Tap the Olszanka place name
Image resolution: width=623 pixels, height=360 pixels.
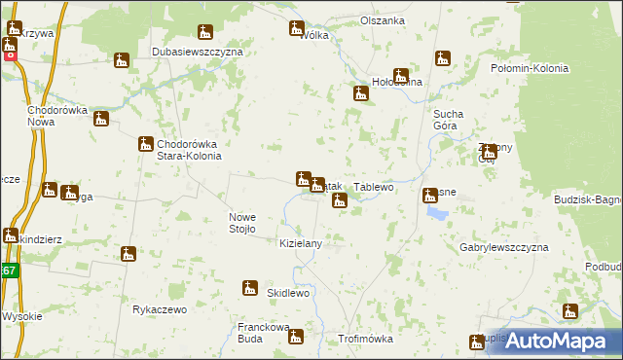tap(383, 20)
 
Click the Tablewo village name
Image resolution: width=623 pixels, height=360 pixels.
tap(374, 187)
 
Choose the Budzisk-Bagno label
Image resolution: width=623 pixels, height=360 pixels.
tap(587, 199)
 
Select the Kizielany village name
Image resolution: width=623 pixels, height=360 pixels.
tap(301, 243)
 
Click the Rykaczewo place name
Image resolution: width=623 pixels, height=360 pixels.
tap(159, 309)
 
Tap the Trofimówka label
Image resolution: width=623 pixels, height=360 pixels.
tap(364, 339)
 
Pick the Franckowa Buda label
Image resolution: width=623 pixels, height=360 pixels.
tap(264, 334)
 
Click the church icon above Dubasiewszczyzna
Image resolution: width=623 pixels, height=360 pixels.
tap(122, 61)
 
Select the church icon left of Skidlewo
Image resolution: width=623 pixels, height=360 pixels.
tap(250, 288)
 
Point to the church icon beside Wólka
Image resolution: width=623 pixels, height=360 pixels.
tap(297, 28)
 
